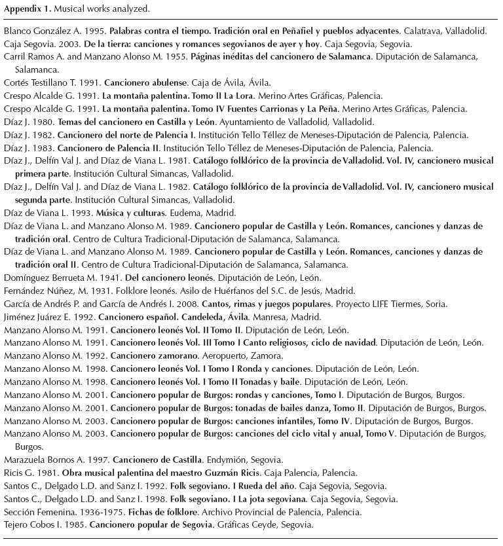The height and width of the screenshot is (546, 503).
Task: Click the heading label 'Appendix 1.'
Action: pyautogui.click(x=27, y=9)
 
